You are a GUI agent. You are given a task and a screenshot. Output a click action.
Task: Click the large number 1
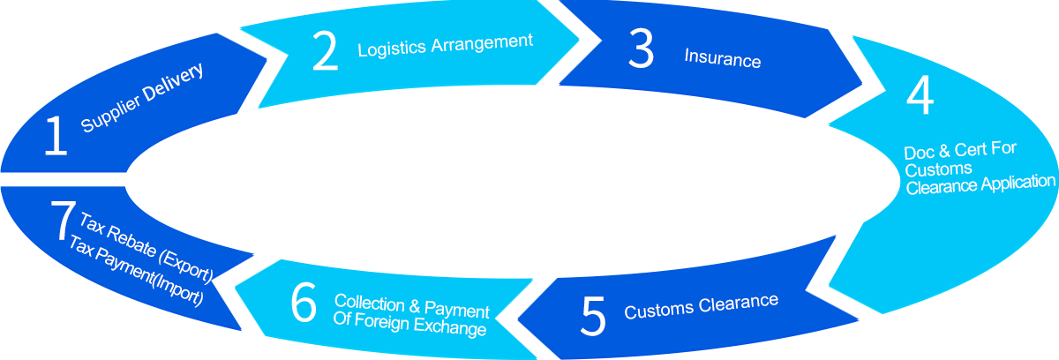click(56, 136)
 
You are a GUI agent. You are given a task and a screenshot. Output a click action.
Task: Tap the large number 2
click(326, 51)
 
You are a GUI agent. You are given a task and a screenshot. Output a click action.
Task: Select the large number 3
click(641, 49)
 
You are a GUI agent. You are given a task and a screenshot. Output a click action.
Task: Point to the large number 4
click(920, 95)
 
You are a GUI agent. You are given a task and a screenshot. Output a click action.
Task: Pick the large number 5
click(593, 316)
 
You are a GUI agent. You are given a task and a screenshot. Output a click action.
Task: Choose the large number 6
click(304, 303)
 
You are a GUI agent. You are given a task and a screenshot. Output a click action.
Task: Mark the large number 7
click(63, 220)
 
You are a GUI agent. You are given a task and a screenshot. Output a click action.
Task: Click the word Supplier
click(110, 114)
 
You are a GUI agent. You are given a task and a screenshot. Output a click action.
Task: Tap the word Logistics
click(392, 49)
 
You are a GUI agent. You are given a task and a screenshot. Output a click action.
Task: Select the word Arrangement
click(482, 43)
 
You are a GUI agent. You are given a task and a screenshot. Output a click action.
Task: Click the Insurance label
click(723, 58)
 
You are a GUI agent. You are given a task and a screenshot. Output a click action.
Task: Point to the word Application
click(1018, 184)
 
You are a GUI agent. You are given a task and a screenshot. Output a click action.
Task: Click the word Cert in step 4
click(969, 150)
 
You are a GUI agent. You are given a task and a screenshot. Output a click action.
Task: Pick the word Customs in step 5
click(659, 311)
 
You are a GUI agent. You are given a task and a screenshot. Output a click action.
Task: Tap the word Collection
click(369, 303)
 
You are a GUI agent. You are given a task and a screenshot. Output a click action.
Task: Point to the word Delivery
click(174, 82)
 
